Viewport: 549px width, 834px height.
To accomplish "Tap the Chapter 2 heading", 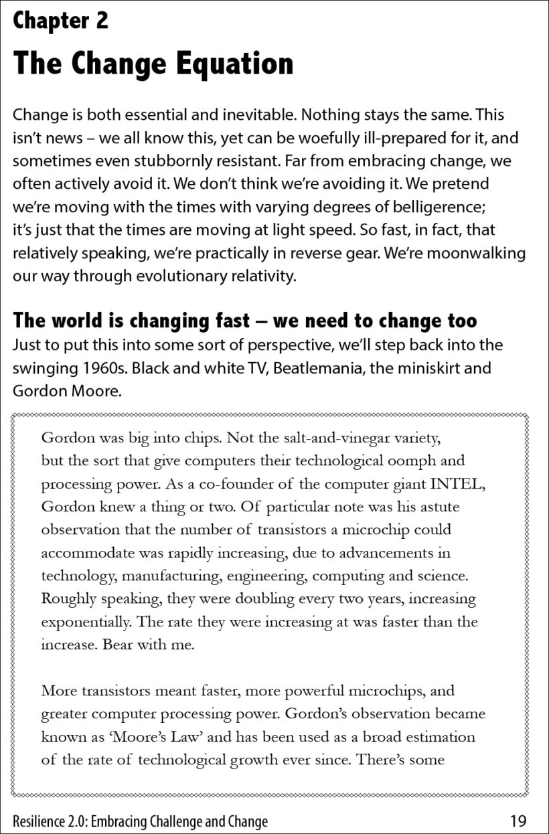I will pos(60,21).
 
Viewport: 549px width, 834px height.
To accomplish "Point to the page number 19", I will pos(518,821).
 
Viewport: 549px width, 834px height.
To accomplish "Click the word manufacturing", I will pos(156,576).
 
